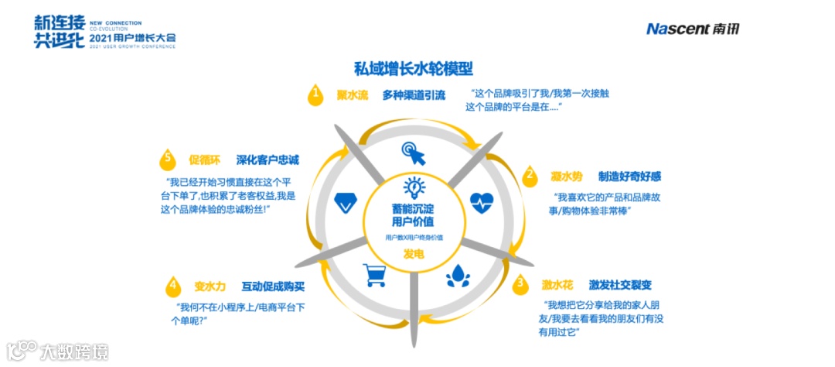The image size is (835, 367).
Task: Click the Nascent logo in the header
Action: click(693, 29)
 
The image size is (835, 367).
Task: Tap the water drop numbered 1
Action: click(315, 94)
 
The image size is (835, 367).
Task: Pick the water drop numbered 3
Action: click(521, 283)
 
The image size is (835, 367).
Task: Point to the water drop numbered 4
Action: click(172, 285)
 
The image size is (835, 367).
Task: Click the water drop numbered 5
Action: click(166, 159)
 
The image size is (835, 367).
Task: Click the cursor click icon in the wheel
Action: click(413, 153)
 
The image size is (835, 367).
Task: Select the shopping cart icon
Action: click(375, 274)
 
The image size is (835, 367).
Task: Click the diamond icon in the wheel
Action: click(345, 204)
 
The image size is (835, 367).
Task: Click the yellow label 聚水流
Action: click(352, 95)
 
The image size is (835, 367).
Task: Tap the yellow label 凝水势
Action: click(567, 176)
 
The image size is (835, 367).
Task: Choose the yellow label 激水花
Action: click(557, 284)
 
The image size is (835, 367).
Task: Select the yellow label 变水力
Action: click(209, 285)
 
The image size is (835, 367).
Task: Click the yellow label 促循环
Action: click(205, 160)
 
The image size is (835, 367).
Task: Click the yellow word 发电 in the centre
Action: click(414, 254)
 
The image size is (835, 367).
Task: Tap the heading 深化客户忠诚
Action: click(268, 160)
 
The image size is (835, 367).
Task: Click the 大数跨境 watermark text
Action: click(75, 352)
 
